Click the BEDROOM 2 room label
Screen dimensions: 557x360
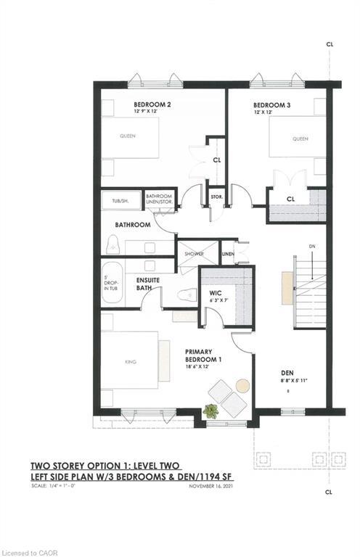(152, 104)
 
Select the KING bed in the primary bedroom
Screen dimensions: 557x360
(130, 361)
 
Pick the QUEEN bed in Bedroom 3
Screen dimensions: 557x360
(299, 138)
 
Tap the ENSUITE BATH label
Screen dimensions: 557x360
(147, 284)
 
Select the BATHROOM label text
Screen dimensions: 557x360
(131, 225)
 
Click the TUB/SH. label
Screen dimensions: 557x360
(120, 201)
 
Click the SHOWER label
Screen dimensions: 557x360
(194, 254)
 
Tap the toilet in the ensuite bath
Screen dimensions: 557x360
(188, 294)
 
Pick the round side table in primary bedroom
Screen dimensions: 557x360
(242, 384)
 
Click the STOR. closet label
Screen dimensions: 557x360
(216, 196)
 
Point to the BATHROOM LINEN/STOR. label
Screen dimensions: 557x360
(160, 199)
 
